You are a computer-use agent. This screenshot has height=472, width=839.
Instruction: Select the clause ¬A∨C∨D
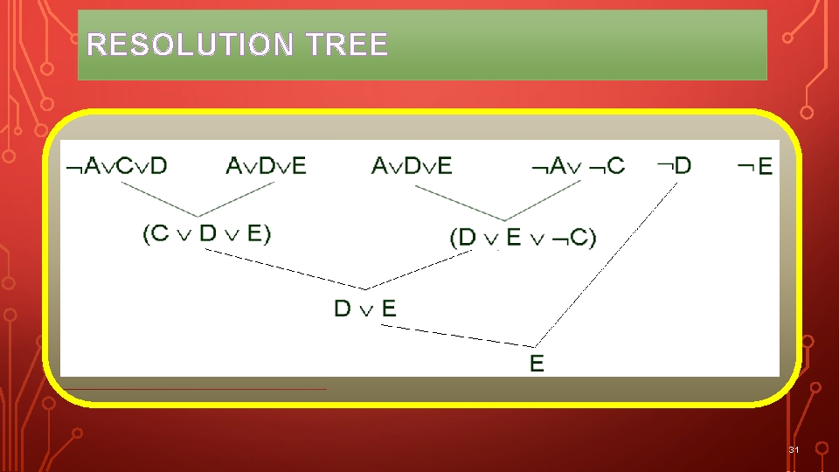(116, 165)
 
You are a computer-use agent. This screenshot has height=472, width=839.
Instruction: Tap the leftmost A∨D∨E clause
(266, 165)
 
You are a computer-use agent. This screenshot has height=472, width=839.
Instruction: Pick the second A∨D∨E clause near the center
(412, 165)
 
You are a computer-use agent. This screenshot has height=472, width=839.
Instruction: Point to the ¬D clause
(673, 164)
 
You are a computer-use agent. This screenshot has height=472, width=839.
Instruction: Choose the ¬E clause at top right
(755, 165)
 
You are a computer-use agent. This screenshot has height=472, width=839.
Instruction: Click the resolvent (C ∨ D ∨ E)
(206, 233)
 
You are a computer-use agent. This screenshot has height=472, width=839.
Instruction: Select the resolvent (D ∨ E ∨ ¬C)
(523, 237)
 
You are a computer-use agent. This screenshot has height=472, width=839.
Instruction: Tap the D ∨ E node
(365, 308)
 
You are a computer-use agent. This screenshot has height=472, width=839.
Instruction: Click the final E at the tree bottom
(537, 363)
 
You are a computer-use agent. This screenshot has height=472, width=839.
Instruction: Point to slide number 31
(794, 449)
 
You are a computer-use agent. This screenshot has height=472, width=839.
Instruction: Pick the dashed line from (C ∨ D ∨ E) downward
(284, 268)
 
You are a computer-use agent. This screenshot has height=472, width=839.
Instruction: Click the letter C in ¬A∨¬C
(615, 165)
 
